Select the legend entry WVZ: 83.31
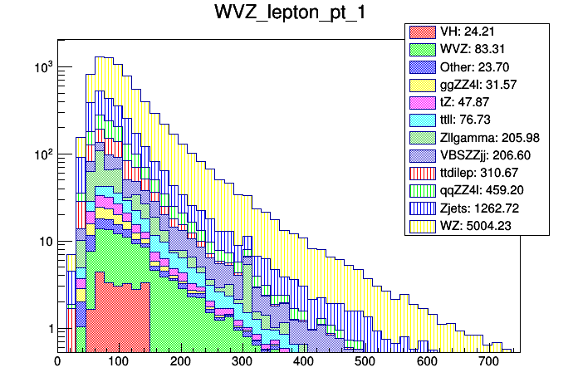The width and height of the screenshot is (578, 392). (x=477, y=49)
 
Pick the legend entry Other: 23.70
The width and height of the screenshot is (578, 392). (x=478, y=66)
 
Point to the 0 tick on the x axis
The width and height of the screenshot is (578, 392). (x=57, y=361)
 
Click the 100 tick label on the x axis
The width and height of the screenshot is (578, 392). (x=119, y=361)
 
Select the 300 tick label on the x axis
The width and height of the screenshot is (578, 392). (x=242, y=361)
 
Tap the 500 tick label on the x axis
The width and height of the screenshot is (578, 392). (x=365, y=361)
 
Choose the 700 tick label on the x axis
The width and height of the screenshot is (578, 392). (x=487, y=361)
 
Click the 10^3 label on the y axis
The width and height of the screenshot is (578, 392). (x=41, y=66)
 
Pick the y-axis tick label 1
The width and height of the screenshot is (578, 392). (x=47, y=329)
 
